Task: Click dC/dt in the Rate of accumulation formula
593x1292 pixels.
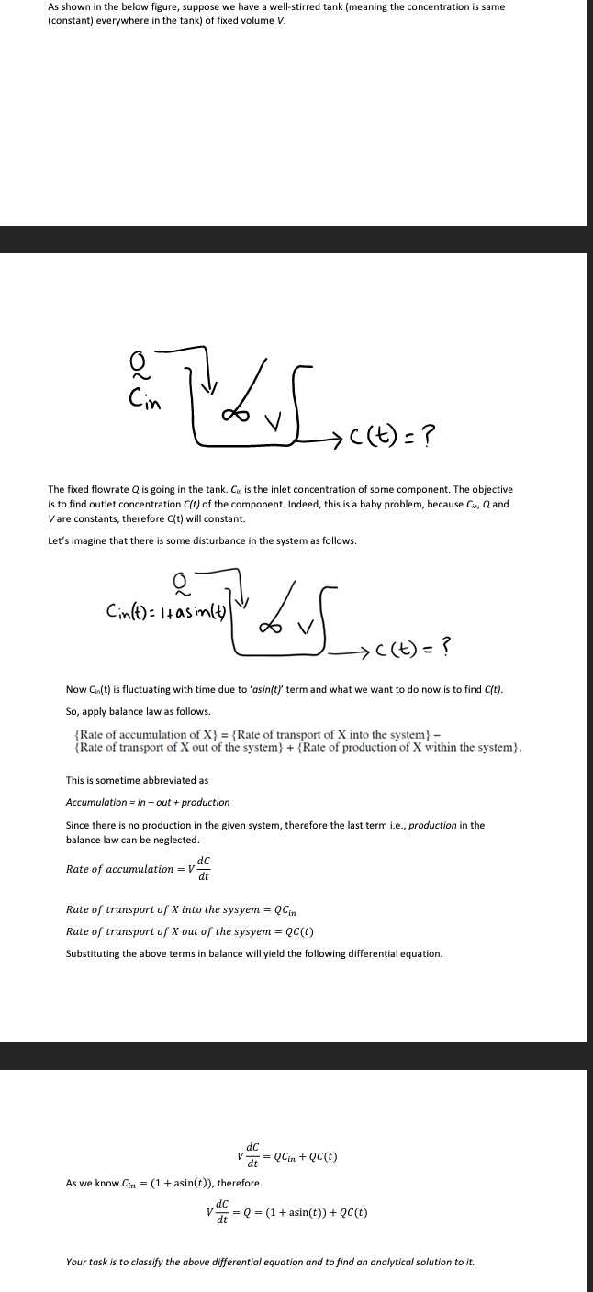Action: (204, 868)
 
